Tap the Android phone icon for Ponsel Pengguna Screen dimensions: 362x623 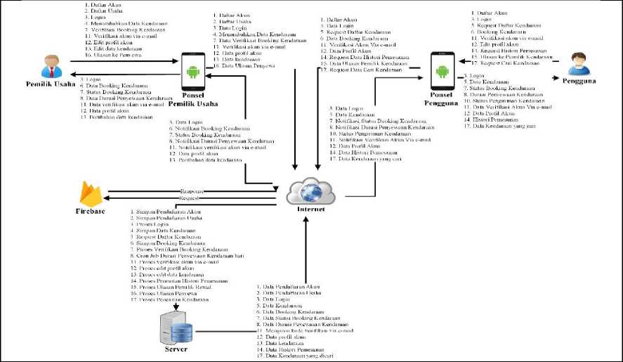(x=442, y=71)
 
